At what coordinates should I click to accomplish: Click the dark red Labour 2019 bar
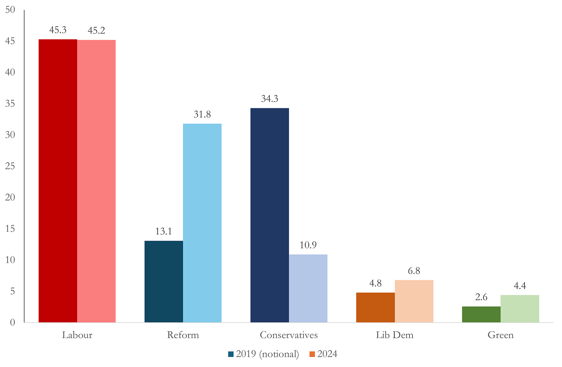click(x=58, y=181)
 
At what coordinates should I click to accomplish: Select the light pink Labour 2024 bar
click(x=96, y=181)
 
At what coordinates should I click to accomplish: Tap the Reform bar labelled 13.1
click(x=164, y=281)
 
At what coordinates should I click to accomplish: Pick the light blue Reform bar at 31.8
click(x=202, y=223)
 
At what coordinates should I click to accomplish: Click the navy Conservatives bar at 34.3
click(x=270, y=215)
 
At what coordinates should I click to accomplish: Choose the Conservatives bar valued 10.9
click(x=308, y=288)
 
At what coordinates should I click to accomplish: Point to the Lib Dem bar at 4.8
click(x=376, y=307)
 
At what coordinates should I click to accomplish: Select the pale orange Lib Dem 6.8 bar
click(x=414, y=301)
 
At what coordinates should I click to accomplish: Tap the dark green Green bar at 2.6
click(x=481, y=315)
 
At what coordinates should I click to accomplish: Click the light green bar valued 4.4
click(x=520, y=309)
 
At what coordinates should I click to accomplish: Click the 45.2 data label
click(x=96, y=30)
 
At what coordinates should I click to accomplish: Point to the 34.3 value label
click(x=270, y=99)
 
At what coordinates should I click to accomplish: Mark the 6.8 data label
click(x=414, y=271)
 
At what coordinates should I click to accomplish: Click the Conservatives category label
click(x=289, y=335)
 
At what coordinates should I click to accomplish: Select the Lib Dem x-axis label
click(x=394, y=335)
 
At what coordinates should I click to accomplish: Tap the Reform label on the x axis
click(x=183, y=335)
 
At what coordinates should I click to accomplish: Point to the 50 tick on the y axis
click(x=10, y=10)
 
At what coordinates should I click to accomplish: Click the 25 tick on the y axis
click(x=10, y=166)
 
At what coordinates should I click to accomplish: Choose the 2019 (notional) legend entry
click(x=263, y=354)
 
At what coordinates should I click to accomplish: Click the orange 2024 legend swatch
click(x=312, y=354)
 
